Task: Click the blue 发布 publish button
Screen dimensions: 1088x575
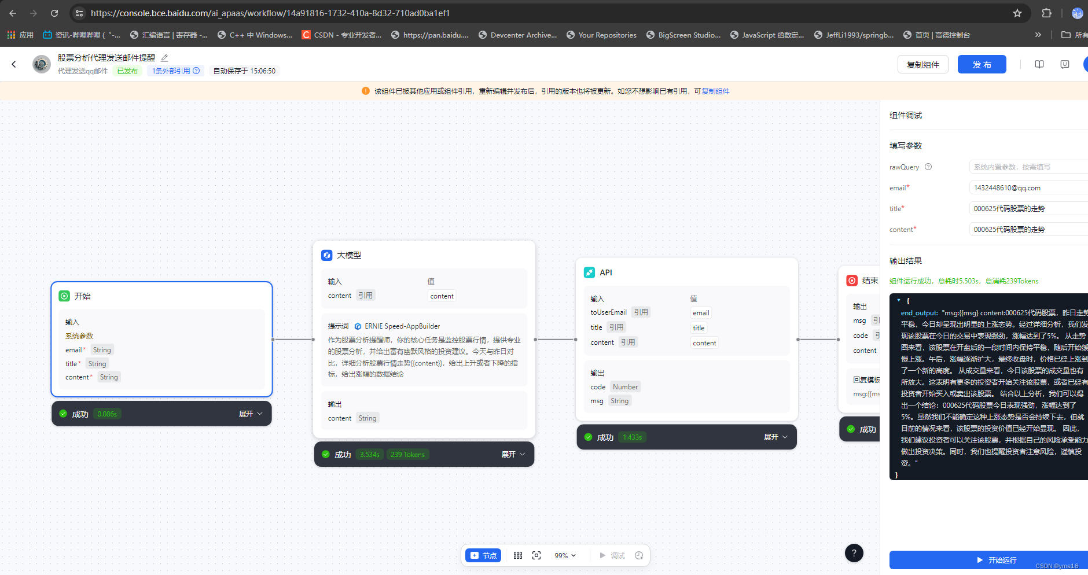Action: coord(982,64)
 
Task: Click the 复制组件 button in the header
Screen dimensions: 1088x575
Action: coord(922,64)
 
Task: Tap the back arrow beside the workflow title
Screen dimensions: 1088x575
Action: coord(14,64)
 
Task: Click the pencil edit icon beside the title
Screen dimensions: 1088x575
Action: coord(164,58)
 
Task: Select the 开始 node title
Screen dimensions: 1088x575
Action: coord(82,296)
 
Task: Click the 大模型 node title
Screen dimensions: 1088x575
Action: coord(348,255)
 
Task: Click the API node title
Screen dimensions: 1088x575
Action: coord(605,272)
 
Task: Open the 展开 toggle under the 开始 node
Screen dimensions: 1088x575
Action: coord(251,414)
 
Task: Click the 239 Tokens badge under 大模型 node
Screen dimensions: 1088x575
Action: coord(407,455)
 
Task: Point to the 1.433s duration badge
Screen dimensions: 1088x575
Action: coord(632,437)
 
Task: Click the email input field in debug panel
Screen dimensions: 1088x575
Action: coord(1028,188)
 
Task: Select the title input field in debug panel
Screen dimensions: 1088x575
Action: coord(1028,209)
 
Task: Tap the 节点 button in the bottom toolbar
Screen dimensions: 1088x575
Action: coord(483,555)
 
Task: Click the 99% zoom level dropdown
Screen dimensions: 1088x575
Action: coord(565,555)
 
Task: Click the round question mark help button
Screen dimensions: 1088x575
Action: coord(854,553)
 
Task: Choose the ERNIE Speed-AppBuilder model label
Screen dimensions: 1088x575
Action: coord(402,326)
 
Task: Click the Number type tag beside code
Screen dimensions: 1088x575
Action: coord(625,387)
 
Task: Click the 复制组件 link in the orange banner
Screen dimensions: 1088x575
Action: coord(715,91)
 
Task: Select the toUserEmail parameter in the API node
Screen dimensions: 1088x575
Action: coord(608,312)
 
